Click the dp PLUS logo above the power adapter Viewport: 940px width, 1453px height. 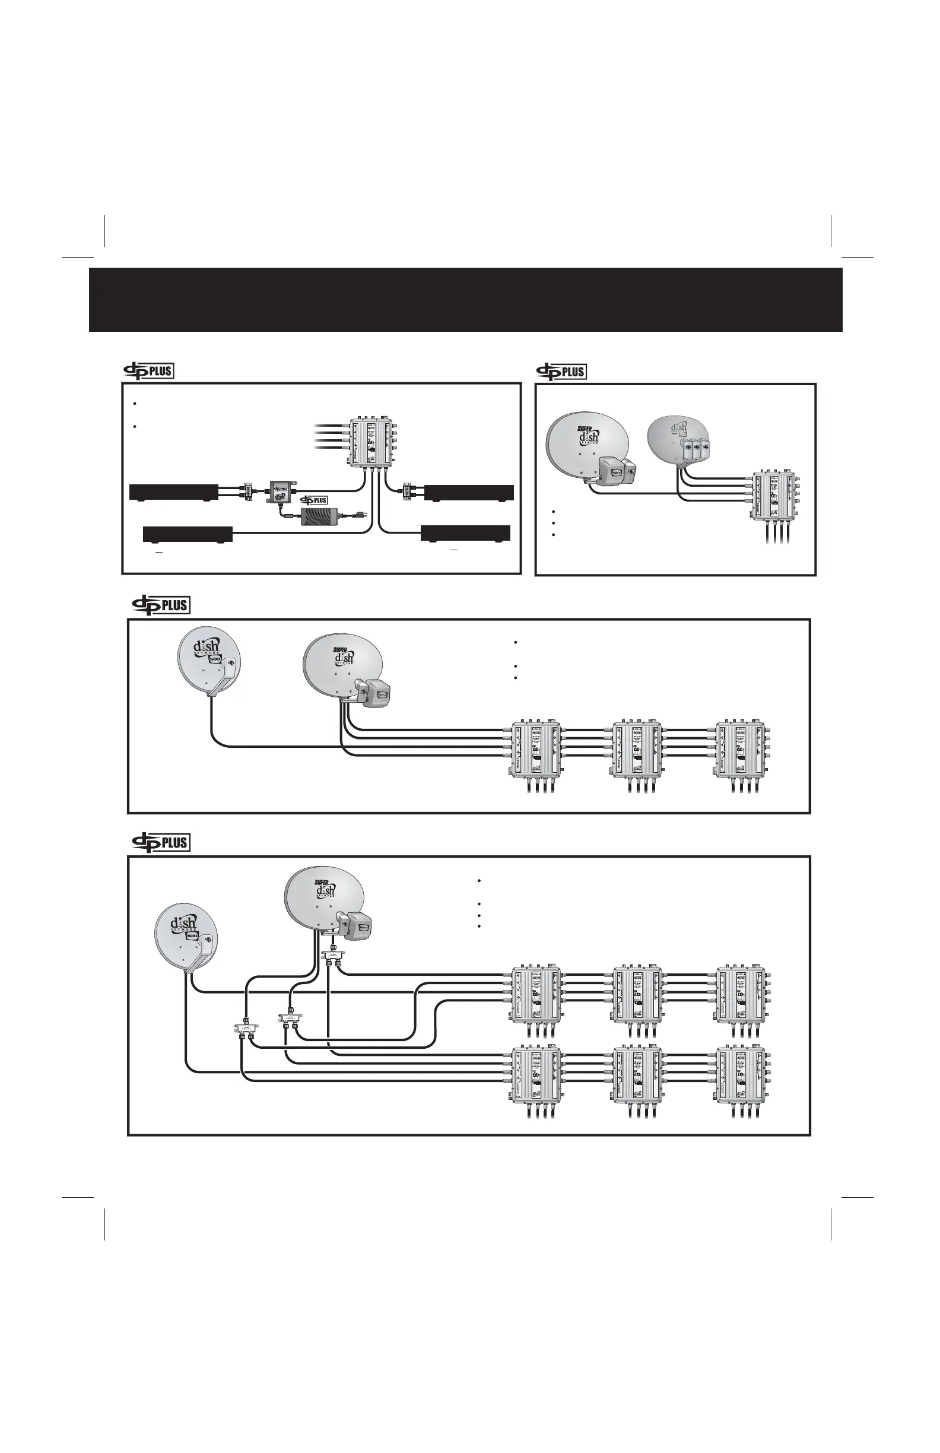(x=313, y=500)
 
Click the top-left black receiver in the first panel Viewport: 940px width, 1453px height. (x=174, y=491)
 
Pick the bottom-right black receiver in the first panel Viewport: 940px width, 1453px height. (x=466, y=532)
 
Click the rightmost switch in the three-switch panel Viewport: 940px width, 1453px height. (x=742, y=750)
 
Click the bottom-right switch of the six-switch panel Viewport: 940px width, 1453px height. (x=742, y=1081)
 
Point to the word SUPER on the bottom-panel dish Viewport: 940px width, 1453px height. (x=322, y=881)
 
